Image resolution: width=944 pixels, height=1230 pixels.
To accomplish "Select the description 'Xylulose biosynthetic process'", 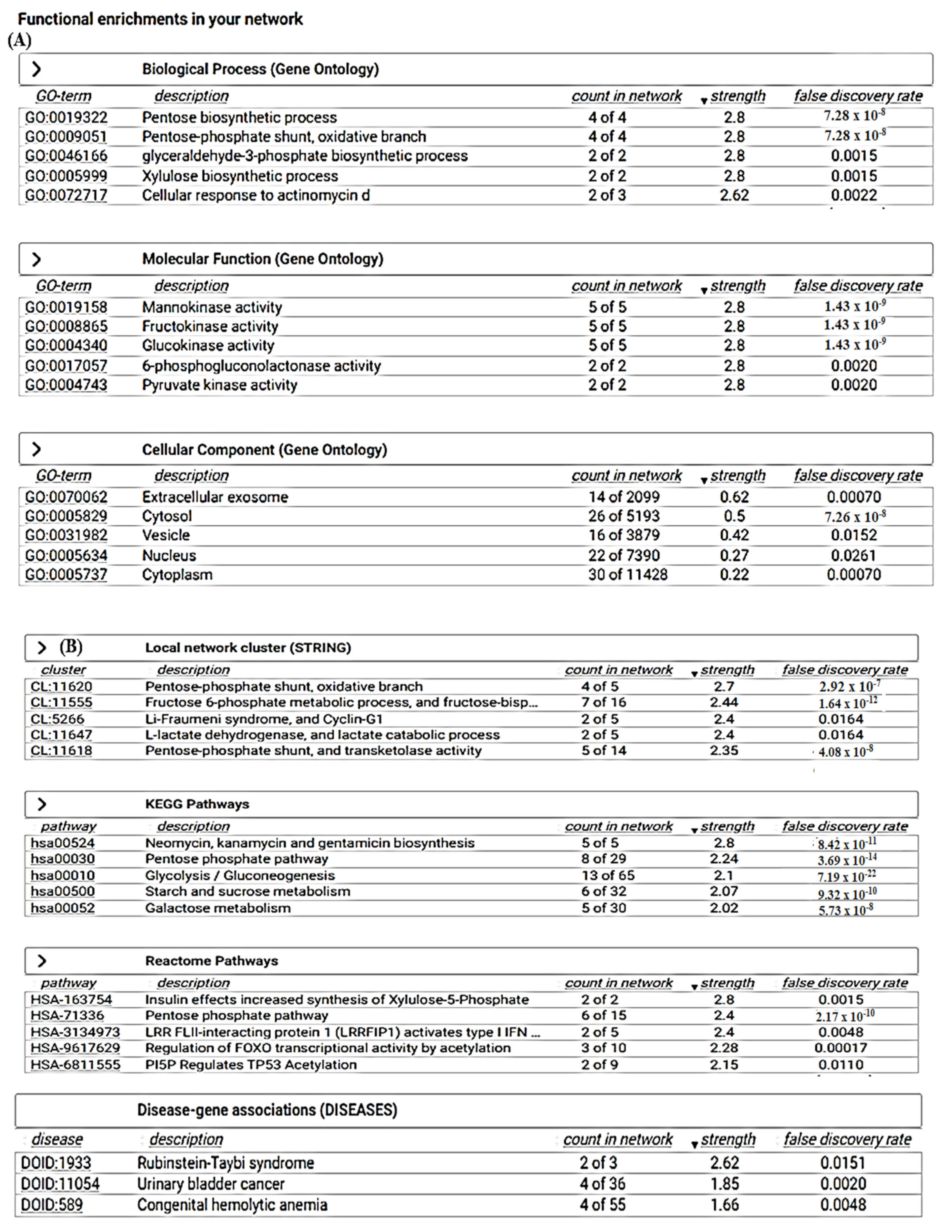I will (240, 176).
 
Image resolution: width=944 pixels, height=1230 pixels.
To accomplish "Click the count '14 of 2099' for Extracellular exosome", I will (624, 496).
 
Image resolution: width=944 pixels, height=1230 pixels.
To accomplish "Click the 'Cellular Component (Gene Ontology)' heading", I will (264, 449).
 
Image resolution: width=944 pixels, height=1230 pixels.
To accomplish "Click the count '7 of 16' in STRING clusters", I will (603, 702).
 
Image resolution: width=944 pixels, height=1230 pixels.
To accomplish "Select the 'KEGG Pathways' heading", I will (197, 804).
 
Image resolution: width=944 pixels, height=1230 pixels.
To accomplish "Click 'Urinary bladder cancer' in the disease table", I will (211, 1183).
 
